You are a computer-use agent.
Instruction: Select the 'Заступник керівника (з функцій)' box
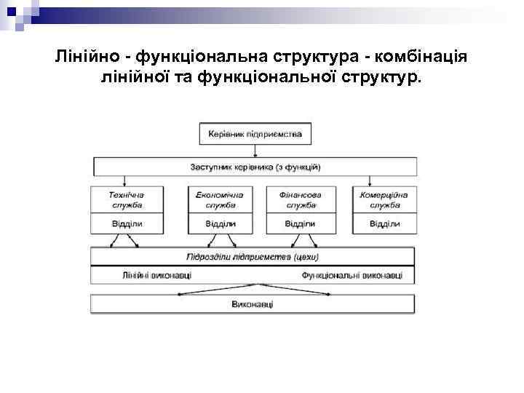click(x=255, y=167)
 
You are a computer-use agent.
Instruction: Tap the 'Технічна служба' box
click(x=127, y=199)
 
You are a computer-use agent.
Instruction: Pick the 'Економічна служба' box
click(x=219, y=199)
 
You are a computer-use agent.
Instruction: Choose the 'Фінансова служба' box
click(x=299, y=199)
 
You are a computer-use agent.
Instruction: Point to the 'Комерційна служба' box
click(x=384, y=199)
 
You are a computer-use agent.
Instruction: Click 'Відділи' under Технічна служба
click(x=127, y=223)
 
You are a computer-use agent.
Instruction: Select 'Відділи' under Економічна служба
click(x=219, y=223)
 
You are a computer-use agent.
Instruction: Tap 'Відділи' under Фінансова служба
click(x=299, y=223)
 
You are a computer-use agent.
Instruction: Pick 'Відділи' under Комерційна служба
click(x=384, y=223)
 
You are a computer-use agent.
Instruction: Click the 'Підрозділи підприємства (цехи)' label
click(x=253, y=257)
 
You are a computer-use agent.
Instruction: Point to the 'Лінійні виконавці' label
click(x=157, y=275)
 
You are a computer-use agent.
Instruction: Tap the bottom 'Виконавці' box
click(x=252, y=303)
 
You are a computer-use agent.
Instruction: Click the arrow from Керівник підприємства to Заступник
click(x=255, y=151)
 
